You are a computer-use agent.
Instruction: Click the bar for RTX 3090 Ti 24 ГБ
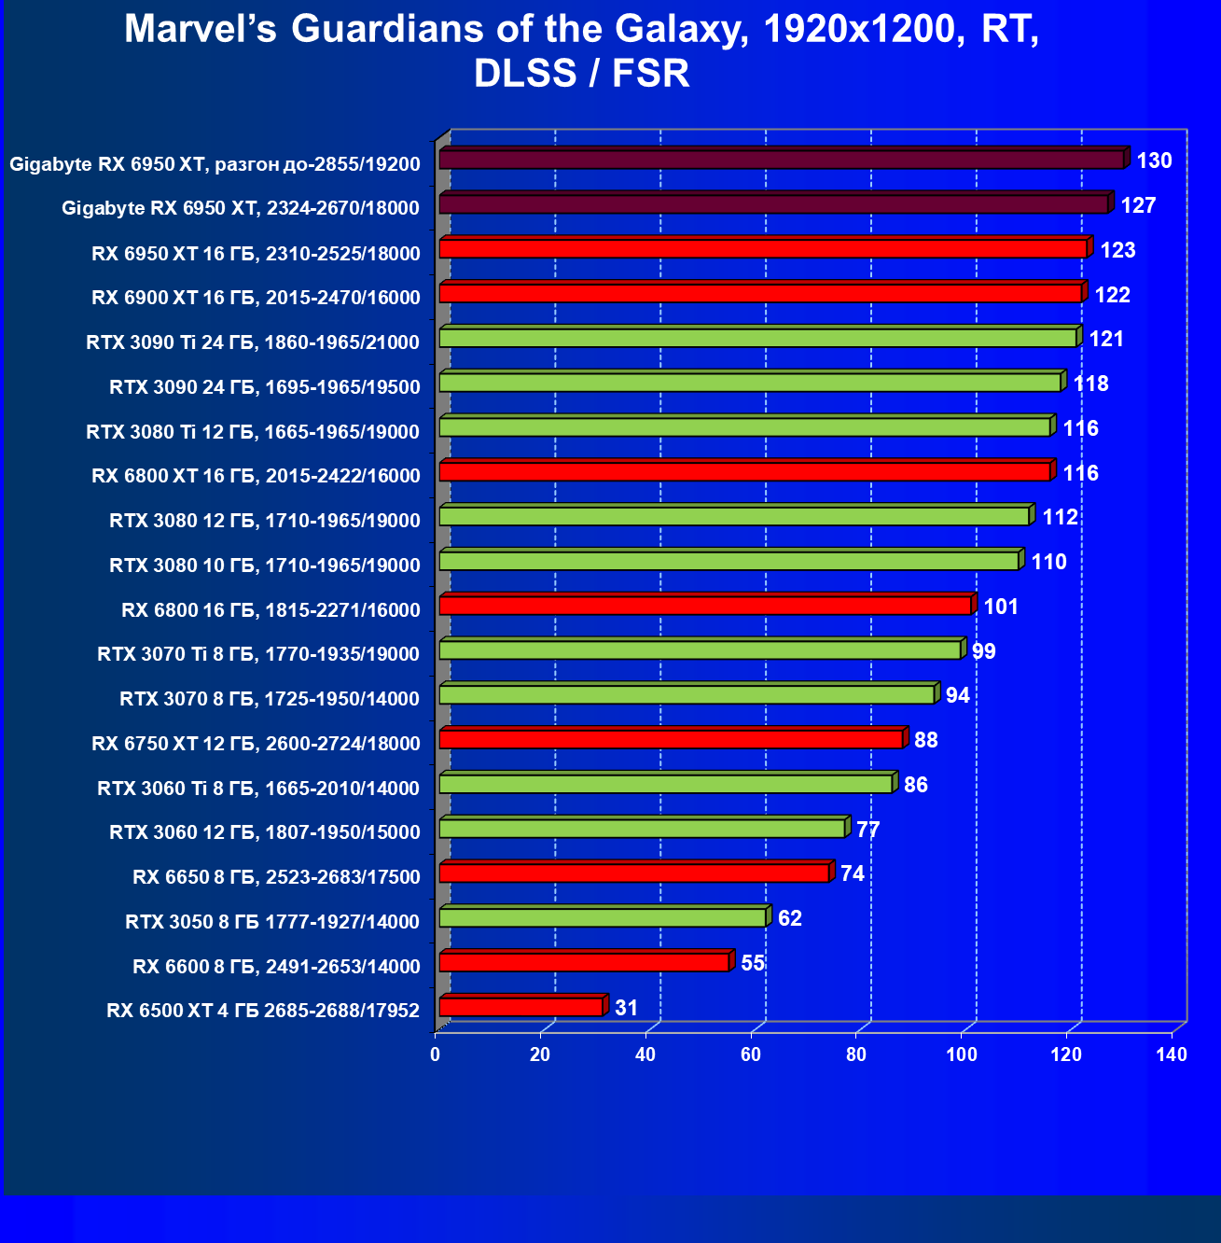(x=757, y=338)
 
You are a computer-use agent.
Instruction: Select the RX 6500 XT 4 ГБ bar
(x=521, y=1007)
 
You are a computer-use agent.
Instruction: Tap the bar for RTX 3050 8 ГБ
(x=603, y=917)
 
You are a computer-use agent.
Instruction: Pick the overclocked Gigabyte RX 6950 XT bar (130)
(x=782, y=160)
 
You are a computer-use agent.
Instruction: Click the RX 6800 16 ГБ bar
(x=705, y=606)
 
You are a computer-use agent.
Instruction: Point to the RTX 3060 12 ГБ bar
(x=642, y=829)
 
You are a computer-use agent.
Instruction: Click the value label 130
(x=1154, y=161)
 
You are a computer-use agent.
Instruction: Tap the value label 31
(x=626, y=1008)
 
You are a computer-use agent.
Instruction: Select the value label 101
(x=1001, y=607)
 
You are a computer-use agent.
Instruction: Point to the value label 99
(x=983, y=651)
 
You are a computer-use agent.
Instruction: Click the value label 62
(x=789, y=918)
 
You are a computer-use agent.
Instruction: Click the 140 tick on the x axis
(x=1172, y=1054)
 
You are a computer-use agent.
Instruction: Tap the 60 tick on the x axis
(x=751, y=1054)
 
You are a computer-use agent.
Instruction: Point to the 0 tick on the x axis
(x=436, y=1054)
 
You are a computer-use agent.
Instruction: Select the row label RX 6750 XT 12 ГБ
(x=256, y=744)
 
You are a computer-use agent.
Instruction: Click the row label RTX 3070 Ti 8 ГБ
(x=258, y=654)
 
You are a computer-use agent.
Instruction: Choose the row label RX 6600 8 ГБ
(x=276, y=967)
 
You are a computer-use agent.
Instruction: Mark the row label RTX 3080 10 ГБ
(x=265, y=565)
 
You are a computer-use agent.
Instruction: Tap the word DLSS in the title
(x=525, y=74)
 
